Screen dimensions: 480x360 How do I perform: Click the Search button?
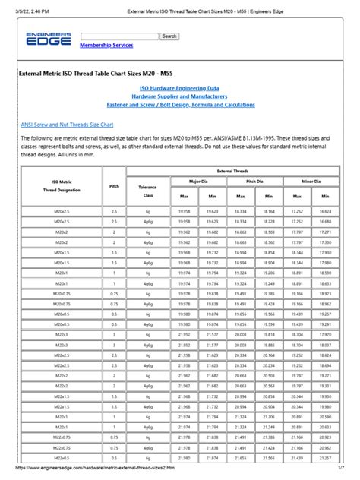tap(169, 36)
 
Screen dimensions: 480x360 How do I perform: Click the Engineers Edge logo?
tap(48, 39)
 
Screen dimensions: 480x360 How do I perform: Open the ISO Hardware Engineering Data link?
tap(178, 88)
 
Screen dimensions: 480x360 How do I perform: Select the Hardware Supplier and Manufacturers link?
tap(178, 97)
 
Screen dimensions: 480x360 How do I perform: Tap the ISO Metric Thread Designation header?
tap(60, 186)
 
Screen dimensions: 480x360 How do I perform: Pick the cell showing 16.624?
tap(325, 210)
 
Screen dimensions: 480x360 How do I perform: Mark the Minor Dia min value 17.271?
tap(325, 231)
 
